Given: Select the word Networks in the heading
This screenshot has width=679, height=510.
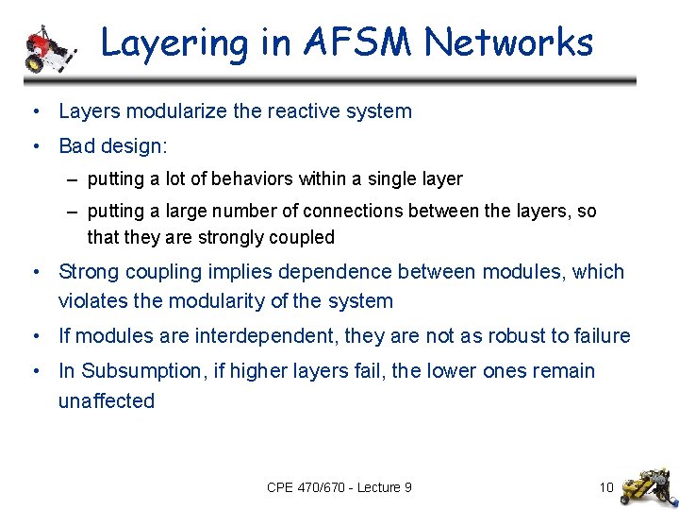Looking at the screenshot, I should click(508, 43).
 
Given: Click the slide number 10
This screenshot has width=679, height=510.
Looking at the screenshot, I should click(606, 487).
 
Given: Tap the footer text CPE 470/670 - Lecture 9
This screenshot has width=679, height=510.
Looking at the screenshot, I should click(339, 487).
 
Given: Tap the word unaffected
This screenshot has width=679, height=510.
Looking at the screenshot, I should click(106, 401).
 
